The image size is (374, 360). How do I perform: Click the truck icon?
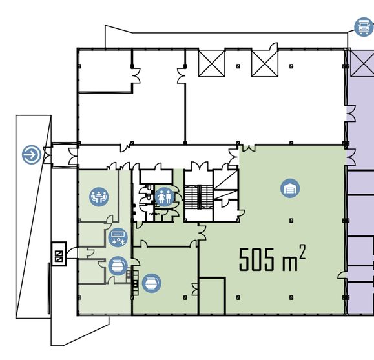(x=364, y=27)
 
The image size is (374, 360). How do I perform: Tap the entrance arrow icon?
(x=32, y=155)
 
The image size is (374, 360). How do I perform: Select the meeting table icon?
(x=99, y=197)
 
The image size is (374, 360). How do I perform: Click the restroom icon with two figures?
(x=165, y=197)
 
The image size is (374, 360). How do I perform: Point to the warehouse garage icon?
(x=290, y=188)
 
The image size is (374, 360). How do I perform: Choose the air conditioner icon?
(x=118, y=237)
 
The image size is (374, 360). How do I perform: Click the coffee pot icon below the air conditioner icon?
(x=118, y=266)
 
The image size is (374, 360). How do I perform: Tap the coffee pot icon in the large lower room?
(x=151, y=283)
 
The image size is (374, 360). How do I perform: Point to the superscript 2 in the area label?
(x=302, y=252)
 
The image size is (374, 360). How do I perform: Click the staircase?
(x=199, y=197)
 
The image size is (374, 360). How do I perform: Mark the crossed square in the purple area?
(x=362, y=63)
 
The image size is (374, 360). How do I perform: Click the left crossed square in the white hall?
(x=212, y=63)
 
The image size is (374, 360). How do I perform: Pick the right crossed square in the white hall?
(x=265, y=63)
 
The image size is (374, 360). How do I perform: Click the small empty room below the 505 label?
(x=212, y=295)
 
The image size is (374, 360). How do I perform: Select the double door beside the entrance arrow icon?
(x=47, y=155)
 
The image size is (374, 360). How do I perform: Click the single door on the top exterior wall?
(x=274, y=46)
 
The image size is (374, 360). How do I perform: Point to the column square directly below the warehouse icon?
(x=291, y=221)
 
